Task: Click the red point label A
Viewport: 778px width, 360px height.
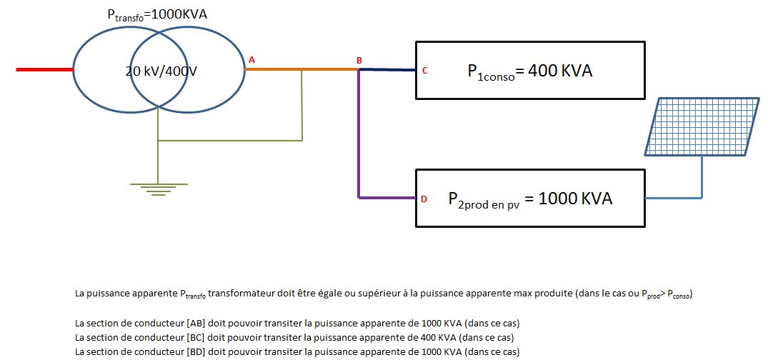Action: (251, 60)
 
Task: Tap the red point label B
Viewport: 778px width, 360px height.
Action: (359, 61)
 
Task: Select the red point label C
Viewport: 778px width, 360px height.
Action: (424, 71)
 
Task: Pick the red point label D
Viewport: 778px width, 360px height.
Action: (424, 199)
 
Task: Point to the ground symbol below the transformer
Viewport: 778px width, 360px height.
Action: (157, 187)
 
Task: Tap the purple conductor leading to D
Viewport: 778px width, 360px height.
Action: (359, 143)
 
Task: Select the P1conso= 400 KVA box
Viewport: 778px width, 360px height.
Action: (530, 69)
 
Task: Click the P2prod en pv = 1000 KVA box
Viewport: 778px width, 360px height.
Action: (530, 199)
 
